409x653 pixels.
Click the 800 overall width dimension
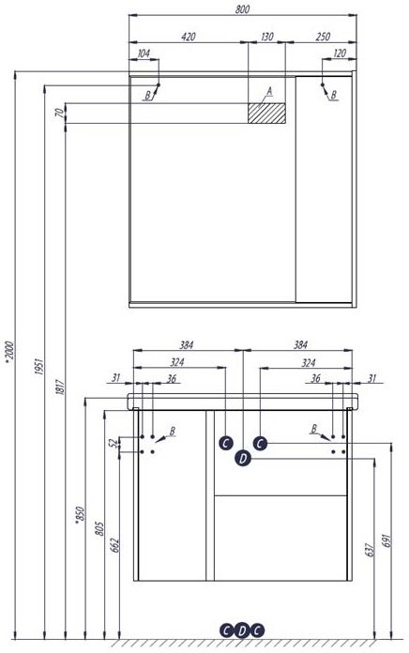[242, 9]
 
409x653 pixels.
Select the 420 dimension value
[189, 37]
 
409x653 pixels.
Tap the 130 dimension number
[267, 37]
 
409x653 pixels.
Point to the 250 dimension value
[323, 37]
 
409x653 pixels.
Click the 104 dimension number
[144, 53]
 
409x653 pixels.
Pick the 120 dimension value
[340, 53]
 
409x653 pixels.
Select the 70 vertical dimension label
[59, 113]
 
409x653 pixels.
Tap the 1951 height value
[39, 366]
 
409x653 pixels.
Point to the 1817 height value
[60, 387]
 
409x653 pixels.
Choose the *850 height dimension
[80, 515]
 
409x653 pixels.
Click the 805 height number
[99, 528]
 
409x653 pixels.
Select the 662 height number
[114, 545]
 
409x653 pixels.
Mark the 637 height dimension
[370, 550]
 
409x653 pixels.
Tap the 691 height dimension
[386, 540]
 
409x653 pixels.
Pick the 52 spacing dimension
[113, 444]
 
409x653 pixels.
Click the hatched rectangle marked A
[266, 113]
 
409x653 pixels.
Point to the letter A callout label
[269, 91]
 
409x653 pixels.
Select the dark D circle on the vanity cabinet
[243, 458]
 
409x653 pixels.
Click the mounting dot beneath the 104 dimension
[159, 84]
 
